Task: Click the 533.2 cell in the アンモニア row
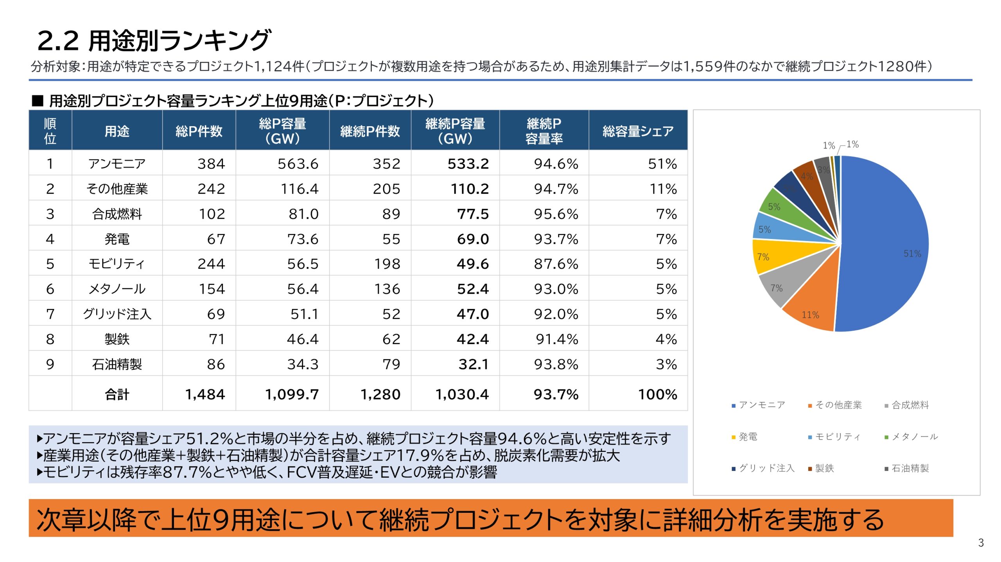(468, 164)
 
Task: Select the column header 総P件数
(199, 131)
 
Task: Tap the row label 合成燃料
(117, 214)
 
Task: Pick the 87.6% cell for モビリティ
(556, 264)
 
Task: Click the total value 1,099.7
(292, 394)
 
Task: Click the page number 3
(981, 543)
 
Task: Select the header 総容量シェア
(638, 131)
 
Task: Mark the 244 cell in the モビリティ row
(211, 264)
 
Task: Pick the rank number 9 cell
(50, 364)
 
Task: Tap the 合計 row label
(117, 394)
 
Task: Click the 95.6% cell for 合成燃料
(556, 214)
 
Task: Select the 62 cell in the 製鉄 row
(391, 339)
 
